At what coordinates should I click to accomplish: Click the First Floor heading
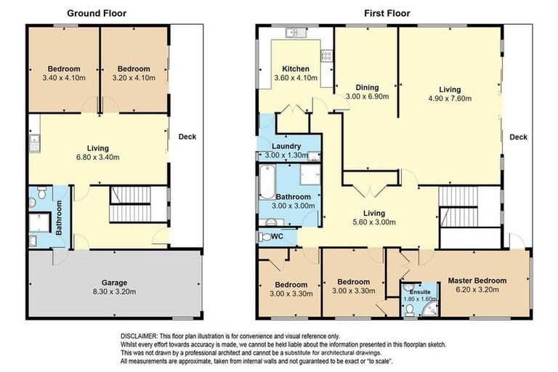tap(387, 13)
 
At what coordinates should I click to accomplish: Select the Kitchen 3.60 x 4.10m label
tap(296, 73)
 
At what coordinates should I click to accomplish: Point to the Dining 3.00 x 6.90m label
tap(367, 91)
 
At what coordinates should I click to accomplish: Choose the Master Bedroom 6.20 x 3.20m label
tap(477, 285)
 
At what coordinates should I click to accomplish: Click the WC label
tap(275, 237)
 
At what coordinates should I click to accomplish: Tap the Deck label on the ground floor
tap(187, 137)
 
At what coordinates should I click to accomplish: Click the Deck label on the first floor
tap(518, 137)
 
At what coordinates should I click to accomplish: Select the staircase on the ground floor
tap(131, 205)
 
